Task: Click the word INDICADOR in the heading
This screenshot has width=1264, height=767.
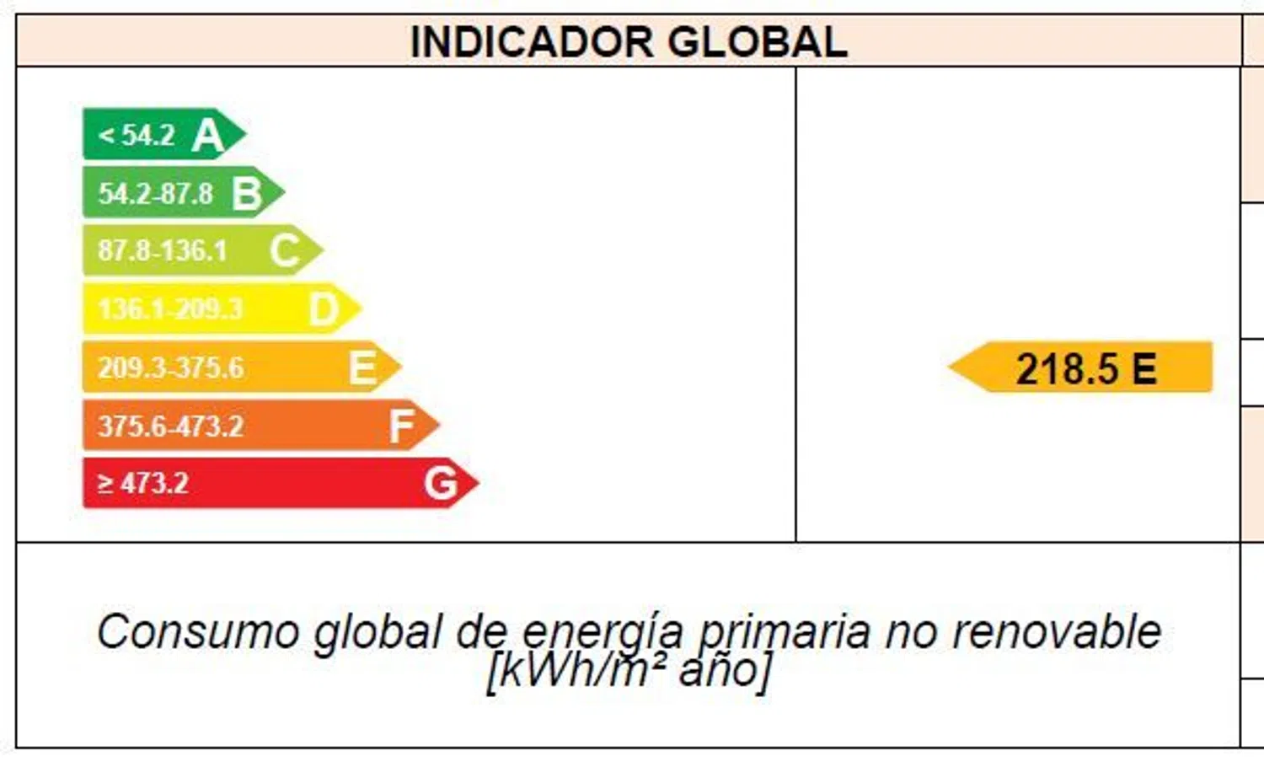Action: [x=531, y=42]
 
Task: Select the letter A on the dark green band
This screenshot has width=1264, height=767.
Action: [x=207, y=135]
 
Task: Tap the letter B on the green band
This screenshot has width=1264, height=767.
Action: [x=246, y=193]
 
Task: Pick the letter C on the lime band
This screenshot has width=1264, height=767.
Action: [x=285, y=250]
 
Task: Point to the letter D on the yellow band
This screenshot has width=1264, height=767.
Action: [x=324, y=309]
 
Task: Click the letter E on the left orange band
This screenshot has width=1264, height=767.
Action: [x=362, y=367]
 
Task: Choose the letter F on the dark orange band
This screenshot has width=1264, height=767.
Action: [x=401, y=426]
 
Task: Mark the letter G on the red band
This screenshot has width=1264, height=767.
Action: [x=440, y=484]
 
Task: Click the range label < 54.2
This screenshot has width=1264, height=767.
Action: [x=137, y=135]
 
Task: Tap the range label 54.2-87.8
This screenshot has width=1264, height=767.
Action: [x=156, y=193]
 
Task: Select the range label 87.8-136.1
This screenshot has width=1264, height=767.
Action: [x=163, y=250]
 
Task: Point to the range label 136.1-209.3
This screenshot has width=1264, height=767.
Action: [x=170, y=309]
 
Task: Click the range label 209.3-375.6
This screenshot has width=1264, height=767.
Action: [x=170, y=367]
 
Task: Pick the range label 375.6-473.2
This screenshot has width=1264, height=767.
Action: [x=170, y=426]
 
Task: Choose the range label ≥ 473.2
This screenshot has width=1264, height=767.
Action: [x=143, y=484]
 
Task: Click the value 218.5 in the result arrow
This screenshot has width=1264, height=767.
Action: [x=1067, y=369]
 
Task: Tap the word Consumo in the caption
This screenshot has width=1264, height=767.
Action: [x=198, y=632]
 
